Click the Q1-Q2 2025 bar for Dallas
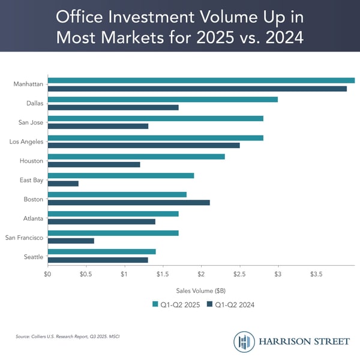pyautogui.click(x=162, y=99)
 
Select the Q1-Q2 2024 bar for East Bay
pyautogui.click(x=63, y=184)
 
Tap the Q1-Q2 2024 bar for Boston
pyautogui.click(x=128, y=202)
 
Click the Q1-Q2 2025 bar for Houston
pyautogui.click(x=136, y=156)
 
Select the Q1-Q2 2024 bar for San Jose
pyautogui.click(x=98, y=127)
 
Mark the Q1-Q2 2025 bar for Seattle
pyautogui.click(x=101, y=251)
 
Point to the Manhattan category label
pyautogui.click(x=28, y=84)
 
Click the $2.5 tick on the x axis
pyautogui.click(x=239, y=274)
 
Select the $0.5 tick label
pyautogui.click(x=86, y=274)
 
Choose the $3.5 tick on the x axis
pyautogui.click(x=316, y=274)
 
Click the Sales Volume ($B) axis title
pyautogui.click(x=201, y=290)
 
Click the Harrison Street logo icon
pyautogui.click(x=244, y=341)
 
